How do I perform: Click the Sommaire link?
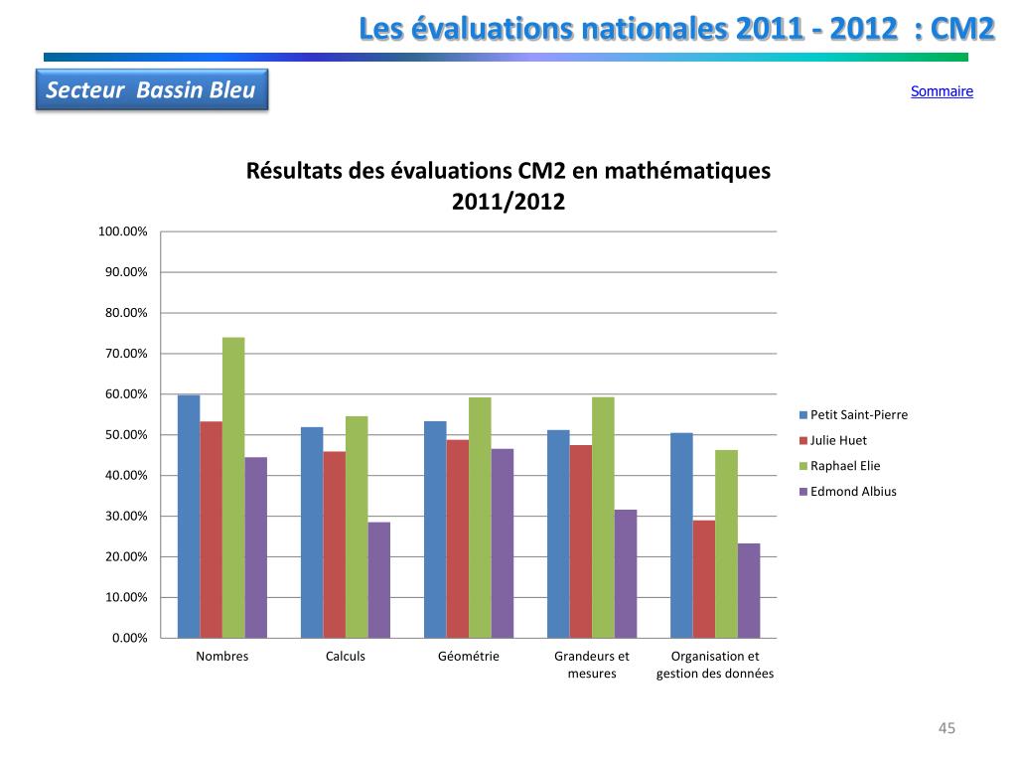click(942, 91)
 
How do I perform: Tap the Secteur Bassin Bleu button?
click(151, 90)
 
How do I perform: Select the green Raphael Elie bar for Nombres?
click(233, 487)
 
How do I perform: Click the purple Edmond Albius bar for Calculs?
click(378, 579)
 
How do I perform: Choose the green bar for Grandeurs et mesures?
click(603, 517)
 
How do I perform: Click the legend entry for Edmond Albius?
click(852, 491)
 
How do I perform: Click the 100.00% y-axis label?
click(122, 231)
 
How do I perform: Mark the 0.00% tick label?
click(128, 638)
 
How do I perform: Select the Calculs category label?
click(346, 657)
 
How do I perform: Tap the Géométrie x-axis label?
click(469, 657)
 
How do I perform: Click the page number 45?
click(946, 729)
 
